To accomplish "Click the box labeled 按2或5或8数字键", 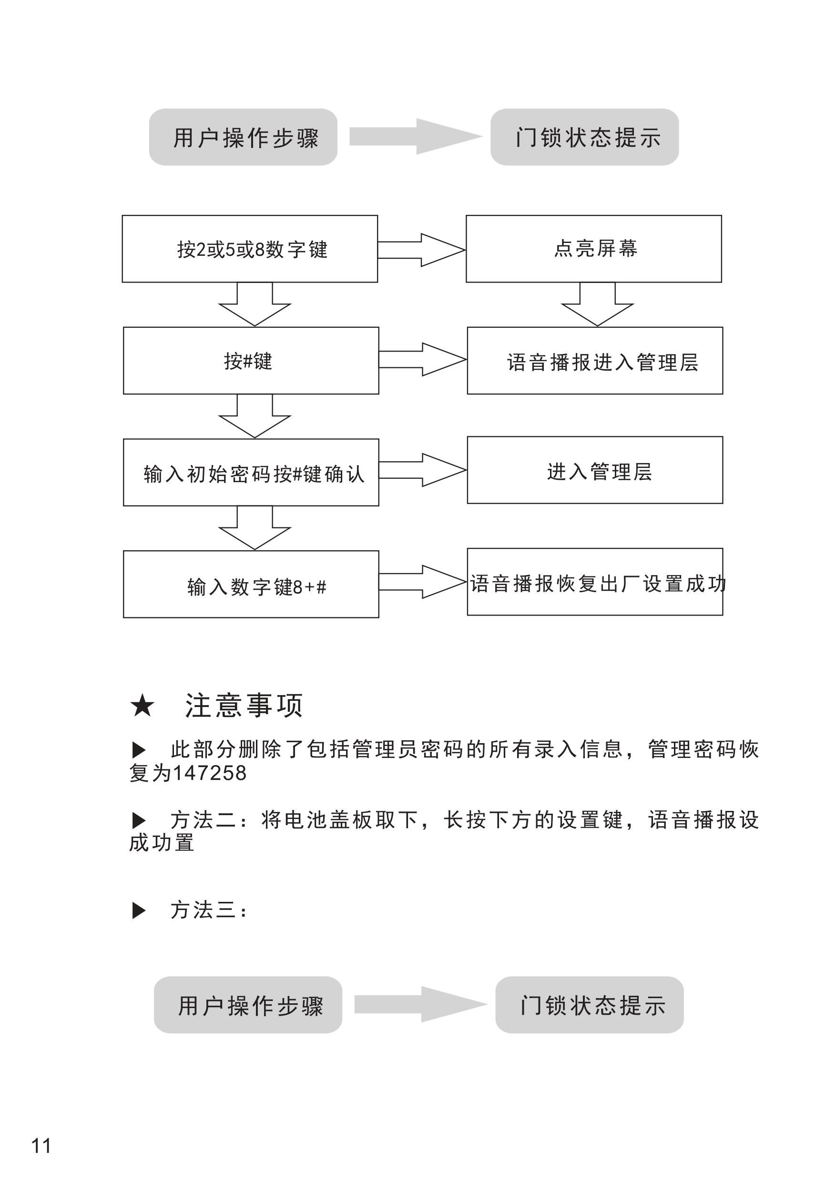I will pyautogui.click(x=250, y=249).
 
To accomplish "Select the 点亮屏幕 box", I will pyautogui.click(x=593, y=249).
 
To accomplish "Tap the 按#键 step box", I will pyautogui.click(x=251, y=361).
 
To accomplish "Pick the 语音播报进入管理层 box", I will pyautogui.click(x=594, y=361).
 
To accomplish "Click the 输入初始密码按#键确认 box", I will pyautogui.click(x=251, y=473).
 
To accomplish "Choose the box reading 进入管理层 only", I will pyautogui.click(x=594, y=470).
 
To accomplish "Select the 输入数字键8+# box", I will pyautogui.click(x=251, y=584).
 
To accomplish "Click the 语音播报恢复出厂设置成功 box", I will pyautogui.click(x=594, y=582).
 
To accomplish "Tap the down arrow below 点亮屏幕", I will pyautogui.click(x=598, y=305).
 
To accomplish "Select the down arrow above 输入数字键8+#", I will pyautogui.click(x=255, y=529).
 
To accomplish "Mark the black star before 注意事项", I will pyautogui.click(x=142, y=705).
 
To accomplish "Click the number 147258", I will pyautogui.click(x=209, y=773).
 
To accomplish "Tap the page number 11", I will pyautogui.click(x=41, y=1146).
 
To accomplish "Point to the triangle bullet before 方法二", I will pyautogui.click(x=139, y=820).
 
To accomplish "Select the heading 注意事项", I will pyautogui.click(x=244, y=705).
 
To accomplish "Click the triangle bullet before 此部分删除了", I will pyautogui.click(x=139, y=749).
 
